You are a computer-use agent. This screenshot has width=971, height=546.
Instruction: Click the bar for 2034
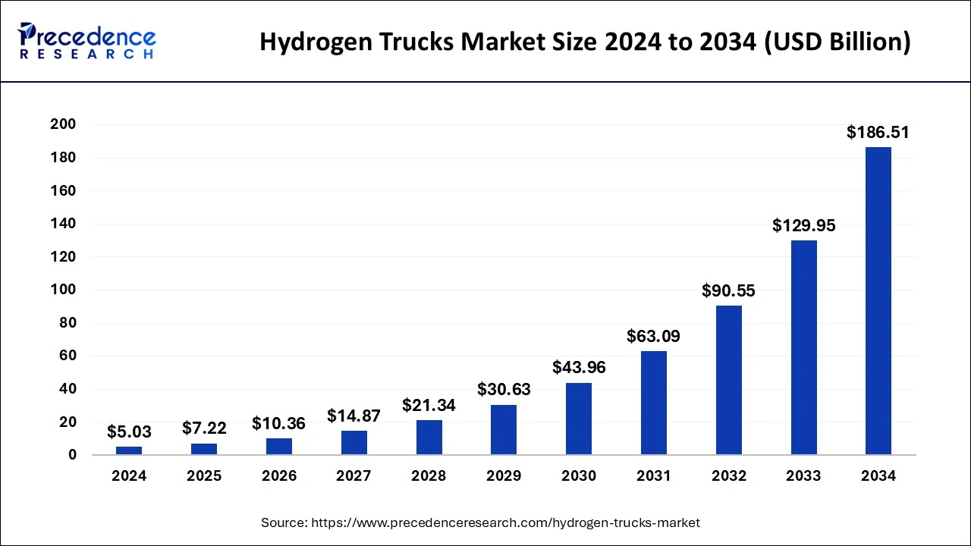[x=878, y=301]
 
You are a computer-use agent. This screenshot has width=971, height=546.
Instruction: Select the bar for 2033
[x=803, y=347]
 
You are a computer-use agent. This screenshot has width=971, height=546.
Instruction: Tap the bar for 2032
[x=729, y=380]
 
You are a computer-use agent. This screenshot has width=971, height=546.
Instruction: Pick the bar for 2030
[x=579, y=419]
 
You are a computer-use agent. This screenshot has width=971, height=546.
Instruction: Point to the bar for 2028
[x=429, y=438]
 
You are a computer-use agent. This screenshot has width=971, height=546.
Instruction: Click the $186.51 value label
[x=878, y=133]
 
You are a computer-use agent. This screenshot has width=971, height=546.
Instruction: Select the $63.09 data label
[x=653, y=336]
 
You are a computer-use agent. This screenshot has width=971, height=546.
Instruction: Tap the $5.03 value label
[x=129, y=432]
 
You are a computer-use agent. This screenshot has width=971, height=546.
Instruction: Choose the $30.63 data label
[x=504, y=390]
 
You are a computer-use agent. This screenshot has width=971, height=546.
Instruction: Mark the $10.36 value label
[x=278, y=423]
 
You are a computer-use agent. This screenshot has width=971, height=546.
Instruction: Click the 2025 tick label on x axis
[x=204, y=476]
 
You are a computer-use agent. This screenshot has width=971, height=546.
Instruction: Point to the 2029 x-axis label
[x=504, y=476]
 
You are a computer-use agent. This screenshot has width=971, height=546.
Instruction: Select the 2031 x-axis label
[x=653, y=476]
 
